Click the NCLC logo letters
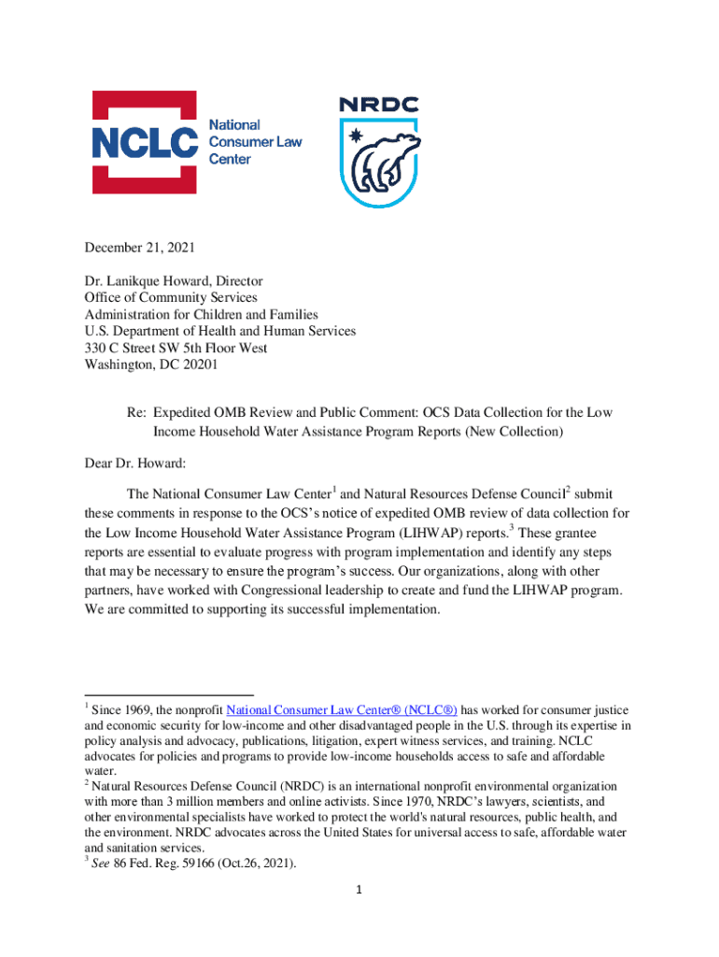pyautogui.click(x=145, y=142)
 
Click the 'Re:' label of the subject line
pyautogui.click(x=137, y=412)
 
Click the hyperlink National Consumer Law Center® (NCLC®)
pyautogui.click(x=342, y=710)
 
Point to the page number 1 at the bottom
pyautogui.click(x=359, y=889)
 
